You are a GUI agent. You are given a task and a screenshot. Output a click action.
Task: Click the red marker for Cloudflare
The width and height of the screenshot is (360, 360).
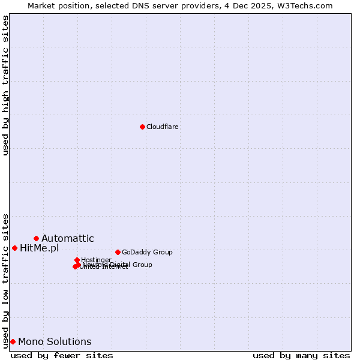[142, 127]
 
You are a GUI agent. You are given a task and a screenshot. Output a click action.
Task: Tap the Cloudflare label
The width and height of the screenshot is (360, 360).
[163, 127]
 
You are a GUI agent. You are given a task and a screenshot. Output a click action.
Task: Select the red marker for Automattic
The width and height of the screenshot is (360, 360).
[36, 238]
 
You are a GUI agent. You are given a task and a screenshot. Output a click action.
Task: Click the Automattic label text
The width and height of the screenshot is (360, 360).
[67, 239]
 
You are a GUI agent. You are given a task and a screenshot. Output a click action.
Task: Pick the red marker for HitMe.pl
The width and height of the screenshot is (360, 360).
[14, 248]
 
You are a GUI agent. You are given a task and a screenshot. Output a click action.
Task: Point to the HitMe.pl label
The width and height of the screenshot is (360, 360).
[39, 248]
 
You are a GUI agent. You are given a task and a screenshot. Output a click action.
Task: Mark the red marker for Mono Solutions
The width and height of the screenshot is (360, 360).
[13, 341]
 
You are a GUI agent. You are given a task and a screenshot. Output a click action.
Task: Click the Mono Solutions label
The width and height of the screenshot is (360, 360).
[55, 342]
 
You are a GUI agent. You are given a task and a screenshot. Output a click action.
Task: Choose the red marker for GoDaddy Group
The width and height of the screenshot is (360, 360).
[118, 252]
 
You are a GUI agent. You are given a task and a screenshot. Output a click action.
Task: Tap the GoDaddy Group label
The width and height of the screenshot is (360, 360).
[147, 252]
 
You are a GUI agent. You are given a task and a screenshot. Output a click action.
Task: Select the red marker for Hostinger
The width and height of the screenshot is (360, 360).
[77, 260]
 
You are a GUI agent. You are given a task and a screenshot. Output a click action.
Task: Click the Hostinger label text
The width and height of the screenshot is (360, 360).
[96, 260]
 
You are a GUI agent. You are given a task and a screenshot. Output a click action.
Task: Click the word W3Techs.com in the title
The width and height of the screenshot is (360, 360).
[306, 5]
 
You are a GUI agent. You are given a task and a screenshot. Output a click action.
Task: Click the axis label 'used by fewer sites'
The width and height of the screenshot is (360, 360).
[62, 355]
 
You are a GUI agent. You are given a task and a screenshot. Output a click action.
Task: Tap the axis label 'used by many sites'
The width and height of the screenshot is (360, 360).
[301, 355]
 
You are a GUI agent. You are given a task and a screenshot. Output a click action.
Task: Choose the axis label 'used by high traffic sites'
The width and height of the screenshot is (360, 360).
[5, 85]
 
